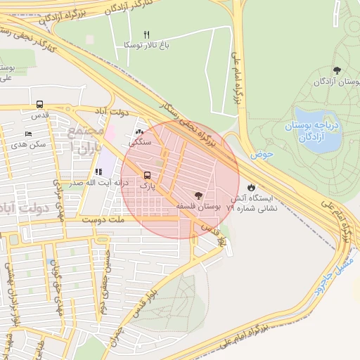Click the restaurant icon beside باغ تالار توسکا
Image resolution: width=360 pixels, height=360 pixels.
pyautogui.click(x=147, y=34)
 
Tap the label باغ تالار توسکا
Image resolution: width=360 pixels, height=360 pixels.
pyautogui.click(x=147, y=45)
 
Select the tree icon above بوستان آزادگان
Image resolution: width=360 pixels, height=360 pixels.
pyautogui.click(x=337, y=70)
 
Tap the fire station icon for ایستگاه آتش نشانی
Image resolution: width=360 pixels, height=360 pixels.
pyautogui.click(x=251, y=187)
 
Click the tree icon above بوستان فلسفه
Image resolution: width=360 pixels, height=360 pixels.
pyautogui.click(x=198, y=195)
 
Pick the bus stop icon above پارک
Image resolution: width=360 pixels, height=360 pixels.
pyautogui.click(x=147, y=175)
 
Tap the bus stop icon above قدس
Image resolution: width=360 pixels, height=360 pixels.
pyautogui.click(x=39, y=103)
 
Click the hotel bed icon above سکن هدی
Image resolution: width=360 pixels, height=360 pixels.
pyautogui.click(x=28, y=134)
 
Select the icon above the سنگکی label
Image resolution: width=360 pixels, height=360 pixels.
pyautogui.click(x=139, y=131)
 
